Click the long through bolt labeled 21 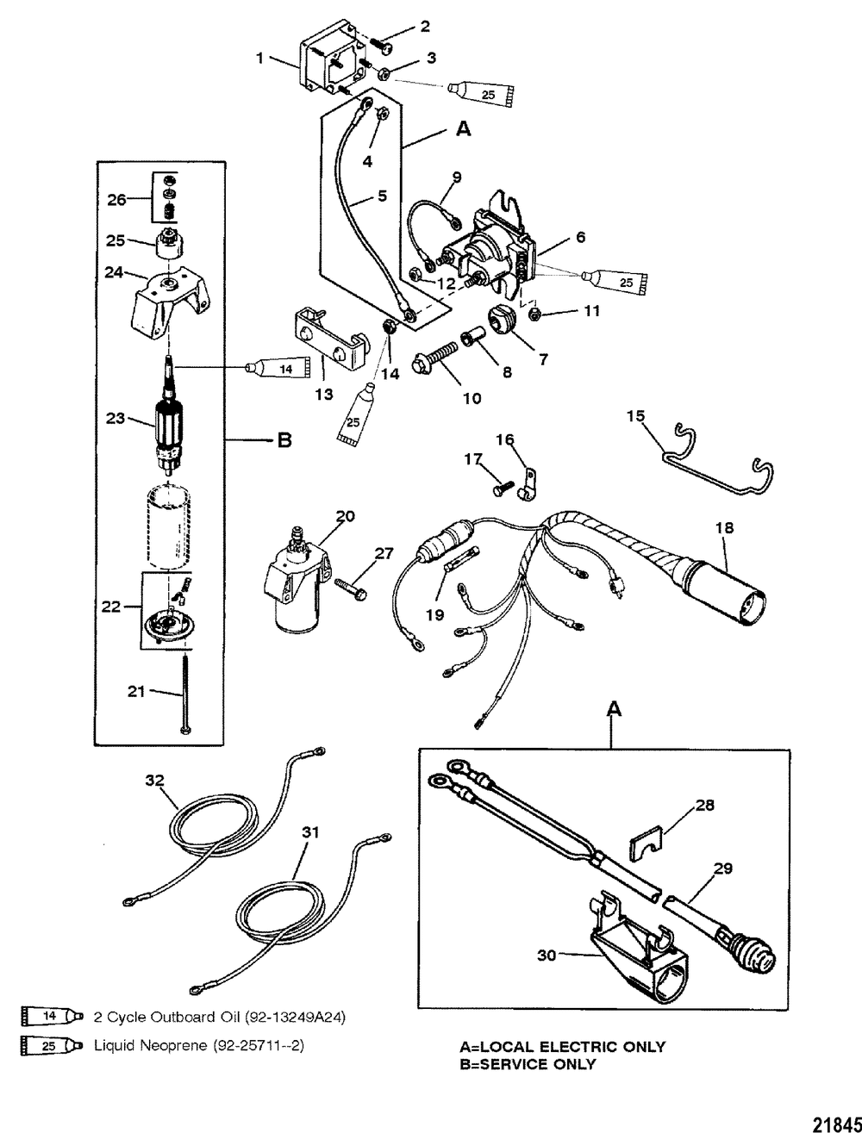point(185,689)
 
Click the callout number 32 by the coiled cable point(154,781)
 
